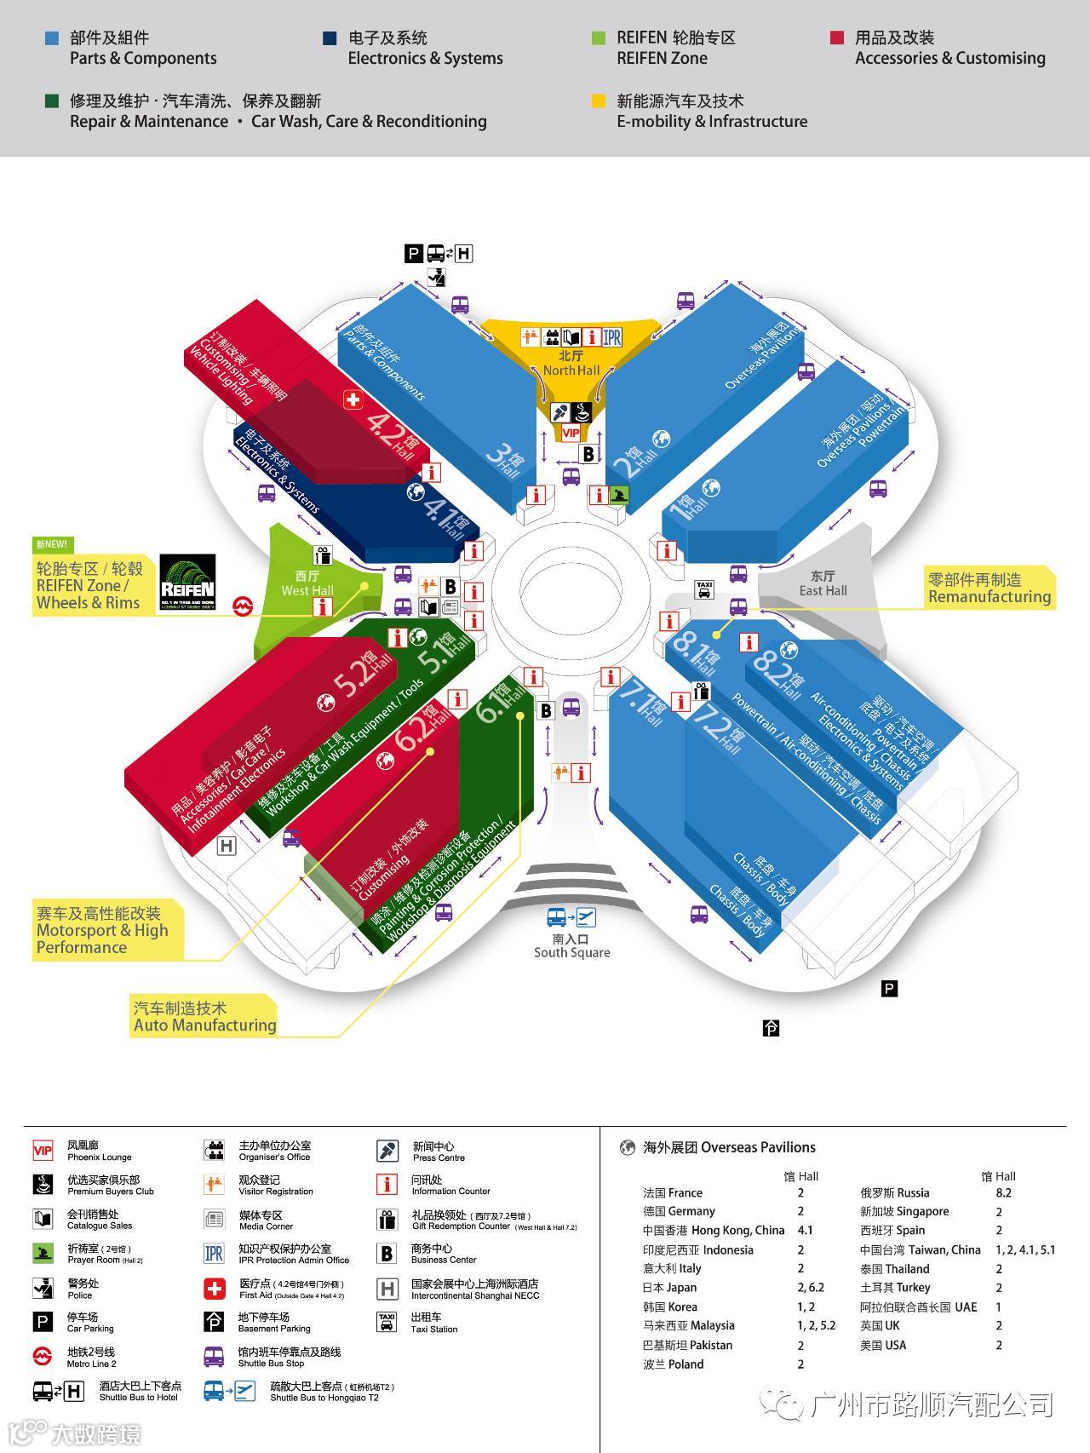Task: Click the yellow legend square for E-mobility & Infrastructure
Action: tap(599, 101)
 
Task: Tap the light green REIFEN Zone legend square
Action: tap(599, 38)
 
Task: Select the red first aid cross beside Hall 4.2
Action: tap(353, 399)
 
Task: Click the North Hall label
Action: tap(571, 364)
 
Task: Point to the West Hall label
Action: tap(307, 584)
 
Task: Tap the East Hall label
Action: tap(823, 583)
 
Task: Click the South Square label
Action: tap(571, 946)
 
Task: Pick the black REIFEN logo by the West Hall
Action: tap(187, 583)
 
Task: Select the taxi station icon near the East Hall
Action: tap(704, 589)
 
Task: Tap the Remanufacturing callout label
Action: tap(990, 589)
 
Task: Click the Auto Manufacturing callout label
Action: tap(204, 1017)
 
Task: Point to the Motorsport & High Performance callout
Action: tap(102, 931)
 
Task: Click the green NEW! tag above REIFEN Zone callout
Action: tap(51, 544)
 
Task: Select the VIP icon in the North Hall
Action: tap(571, 433)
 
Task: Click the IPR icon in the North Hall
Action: tap(612, 337)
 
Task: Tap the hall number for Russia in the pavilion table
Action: tap(1003, 1192)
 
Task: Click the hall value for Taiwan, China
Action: tap(1024, 1249)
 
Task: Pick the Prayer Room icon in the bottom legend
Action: tap(43, 1253)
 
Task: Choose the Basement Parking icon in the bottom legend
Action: tap(214, 1321)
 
